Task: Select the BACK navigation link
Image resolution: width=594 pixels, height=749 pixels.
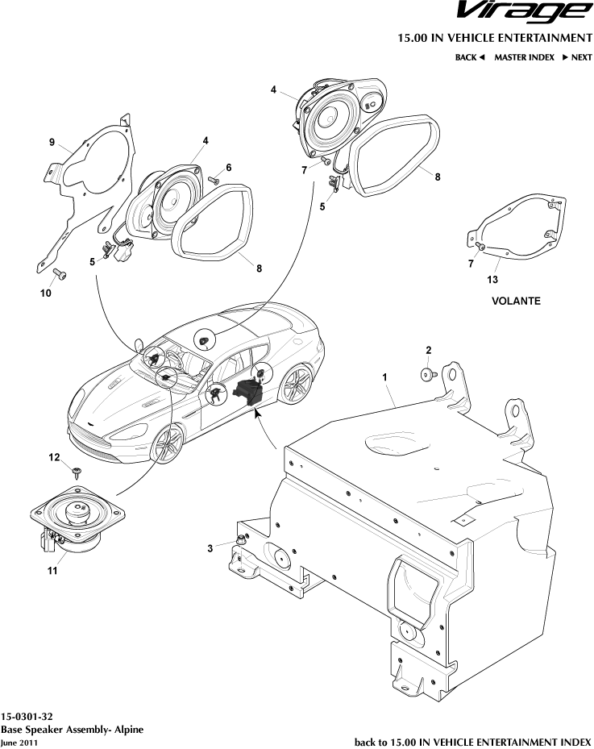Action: pyautogui.click(x=470, y=58)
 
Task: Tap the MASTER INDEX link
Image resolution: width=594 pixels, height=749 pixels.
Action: pyautogui.click(x=524, y=58)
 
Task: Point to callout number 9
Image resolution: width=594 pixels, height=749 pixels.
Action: pyautogui.click(x=51, y=144)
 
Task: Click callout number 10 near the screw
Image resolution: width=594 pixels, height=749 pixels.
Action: pyautogui.click(x=45, y=294)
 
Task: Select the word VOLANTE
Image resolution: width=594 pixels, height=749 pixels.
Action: pyautogui.click(x=515, y=301)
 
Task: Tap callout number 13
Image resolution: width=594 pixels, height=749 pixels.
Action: pyautogui.click(x=492, y=280)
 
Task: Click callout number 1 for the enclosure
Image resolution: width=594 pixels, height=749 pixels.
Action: pyautogui.click(x=384, y=377)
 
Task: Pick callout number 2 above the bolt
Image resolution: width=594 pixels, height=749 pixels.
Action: pyautogui.click(x=428, y=350)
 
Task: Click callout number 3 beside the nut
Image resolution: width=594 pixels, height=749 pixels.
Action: pyautogui.click(x=210, y=548)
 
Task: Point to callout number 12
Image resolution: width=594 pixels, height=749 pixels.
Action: pyautogui.click(x=54, y=457)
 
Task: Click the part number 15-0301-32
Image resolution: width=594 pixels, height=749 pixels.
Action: pyautogui.click(x=27, y=716)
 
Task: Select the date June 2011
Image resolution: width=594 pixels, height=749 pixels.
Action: pyautogui.click(x=19, y=742)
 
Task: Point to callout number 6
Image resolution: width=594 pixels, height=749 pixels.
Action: pyautogui.click(x=228, y=167)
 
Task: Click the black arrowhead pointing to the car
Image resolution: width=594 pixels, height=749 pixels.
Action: pyautogui.click(x=258, y=414)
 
